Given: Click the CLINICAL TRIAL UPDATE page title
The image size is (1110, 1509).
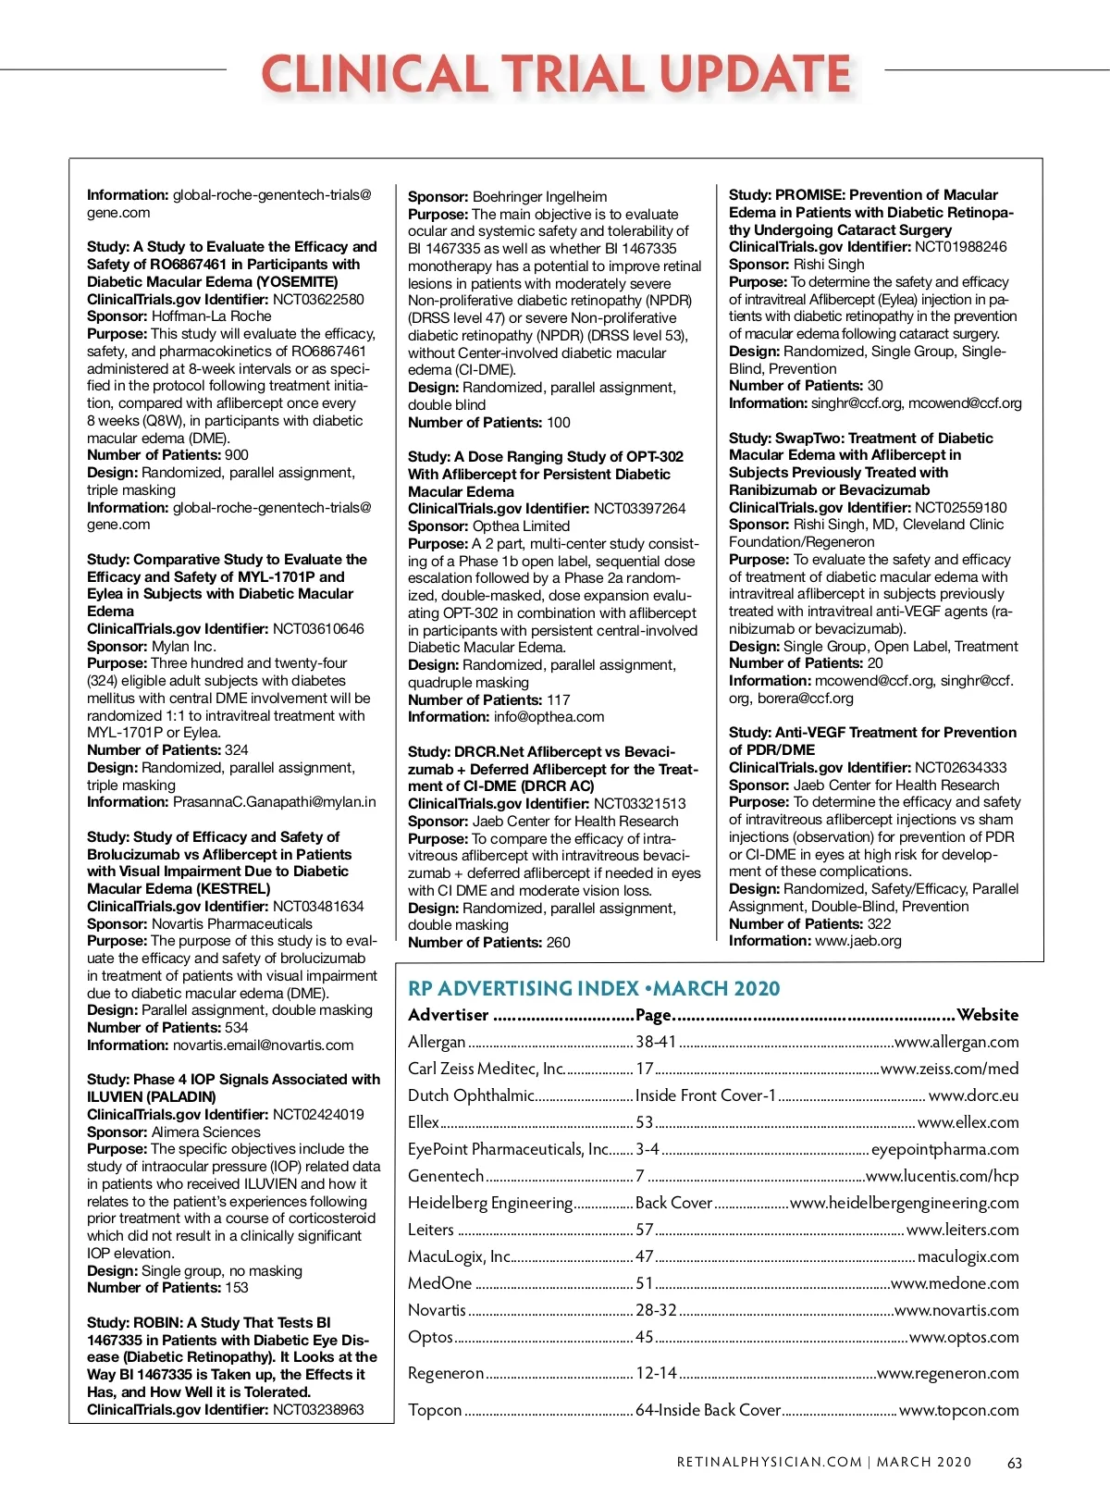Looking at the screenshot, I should tap(556, 73).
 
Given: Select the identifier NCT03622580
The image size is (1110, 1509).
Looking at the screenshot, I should tap(318, 299).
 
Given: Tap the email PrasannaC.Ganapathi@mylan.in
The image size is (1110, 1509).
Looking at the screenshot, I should tap(275, 802).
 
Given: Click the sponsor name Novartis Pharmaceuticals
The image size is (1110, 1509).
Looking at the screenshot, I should tap(232, 923).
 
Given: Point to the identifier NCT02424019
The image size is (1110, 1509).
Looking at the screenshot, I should tap(318, 1114).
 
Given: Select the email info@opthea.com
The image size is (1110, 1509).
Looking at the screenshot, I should tap(549, 716).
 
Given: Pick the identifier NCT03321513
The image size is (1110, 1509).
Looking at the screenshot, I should tap(640, 803).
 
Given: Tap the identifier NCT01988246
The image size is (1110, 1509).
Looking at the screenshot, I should tap(961, 247).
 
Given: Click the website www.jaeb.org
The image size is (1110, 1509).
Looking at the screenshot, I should tap(858, 941).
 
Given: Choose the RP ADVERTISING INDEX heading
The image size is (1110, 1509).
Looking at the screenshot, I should tap(594, 988).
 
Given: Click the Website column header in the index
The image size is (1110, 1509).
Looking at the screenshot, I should tap(988, 1015).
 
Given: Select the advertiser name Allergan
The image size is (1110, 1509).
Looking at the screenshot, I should tap(437, 1042).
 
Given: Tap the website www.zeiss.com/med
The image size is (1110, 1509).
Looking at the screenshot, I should tap(950, 1069).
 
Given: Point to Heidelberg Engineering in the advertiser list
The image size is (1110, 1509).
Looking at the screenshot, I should tap(490, 1203).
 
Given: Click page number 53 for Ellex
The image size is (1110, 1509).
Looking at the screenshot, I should tap(644, 1122).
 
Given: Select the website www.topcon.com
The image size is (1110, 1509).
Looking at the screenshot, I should tap(959, 1410).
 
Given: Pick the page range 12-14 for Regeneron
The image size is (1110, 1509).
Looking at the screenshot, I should tap(656, 1373).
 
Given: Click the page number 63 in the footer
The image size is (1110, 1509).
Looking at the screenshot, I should tap(1015, 1463).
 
